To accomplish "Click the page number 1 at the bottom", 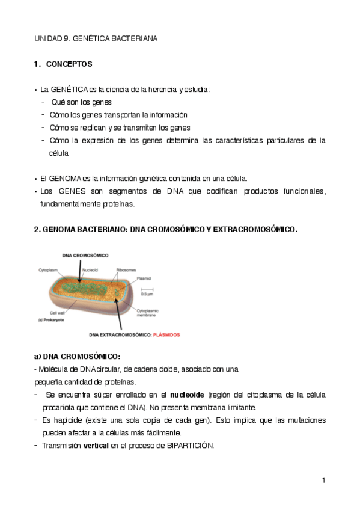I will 323,480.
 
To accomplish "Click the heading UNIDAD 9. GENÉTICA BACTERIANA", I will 96,38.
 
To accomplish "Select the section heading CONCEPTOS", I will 69,64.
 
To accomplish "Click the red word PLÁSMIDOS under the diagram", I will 165,334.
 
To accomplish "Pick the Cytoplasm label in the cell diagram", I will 48,270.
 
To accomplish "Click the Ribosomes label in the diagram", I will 126,270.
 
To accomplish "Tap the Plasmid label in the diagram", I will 144,278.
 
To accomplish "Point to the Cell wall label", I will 57,312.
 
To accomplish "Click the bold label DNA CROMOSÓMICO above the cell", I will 85,256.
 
